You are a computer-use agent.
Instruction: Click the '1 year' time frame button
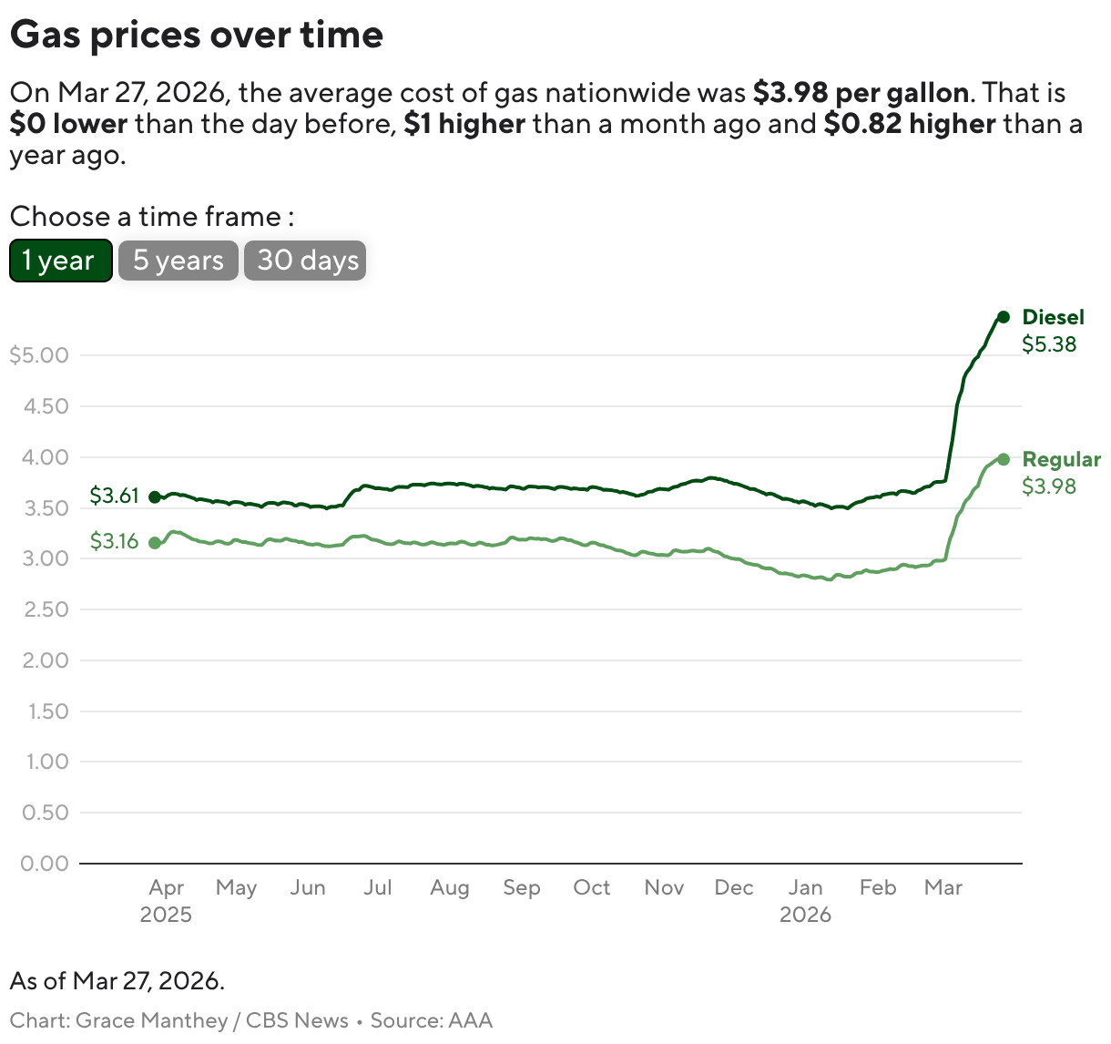60,261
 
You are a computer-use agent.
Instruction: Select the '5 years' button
178,261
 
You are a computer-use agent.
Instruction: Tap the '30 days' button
305,261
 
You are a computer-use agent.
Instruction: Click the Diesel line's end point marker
1004,317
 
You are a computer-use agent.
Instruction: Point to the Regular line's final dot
1004,459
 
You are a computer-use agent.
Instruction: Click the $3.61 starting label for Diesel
114,496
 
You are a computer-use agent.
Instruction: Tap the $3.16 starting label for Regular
114,541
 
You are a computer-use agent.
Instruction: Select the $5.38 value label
1049,344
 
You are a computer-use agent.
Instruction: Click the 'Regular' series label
1061,459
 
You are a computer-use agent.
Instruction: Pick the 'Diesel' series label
1053,317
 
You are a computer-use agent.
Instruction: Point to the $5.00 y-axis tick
39,355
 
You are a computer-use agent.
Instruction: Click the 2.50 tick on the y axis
46,609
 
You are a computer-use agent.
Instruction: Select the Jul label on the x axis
378,887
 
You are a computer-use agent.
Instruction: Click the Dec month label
734,887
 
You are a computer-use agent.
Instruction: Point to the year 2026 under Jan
805,915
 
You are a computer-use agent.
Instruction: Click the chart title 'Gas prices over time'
197,35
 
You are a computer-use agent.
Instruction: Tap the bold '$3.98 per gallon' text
861,93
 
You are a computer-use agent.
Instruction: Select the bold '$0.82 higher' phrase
910,124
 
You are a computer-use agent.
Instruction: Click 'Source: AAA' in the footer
431,1020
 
